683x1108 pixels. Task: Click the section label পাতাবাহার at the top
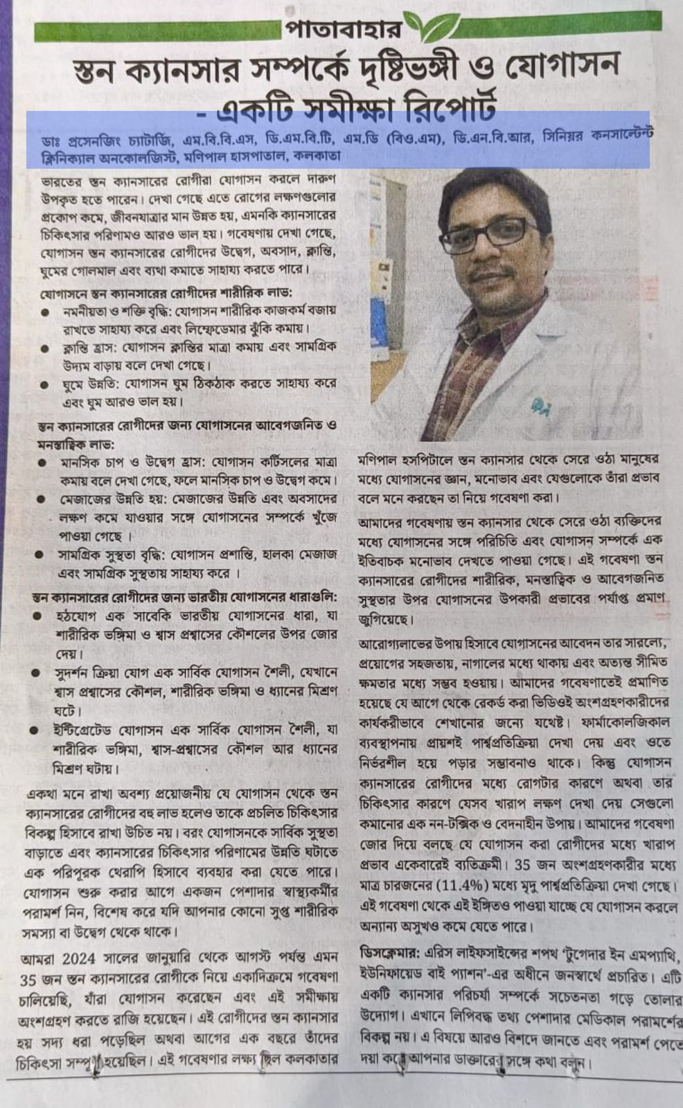(x=341, y=30)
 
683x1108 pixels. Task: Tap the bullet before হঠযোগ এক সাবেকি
(x=42, y=616)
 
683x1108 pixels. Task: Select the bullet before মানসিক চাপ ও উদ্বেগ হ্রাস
(x=42, y=462)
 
